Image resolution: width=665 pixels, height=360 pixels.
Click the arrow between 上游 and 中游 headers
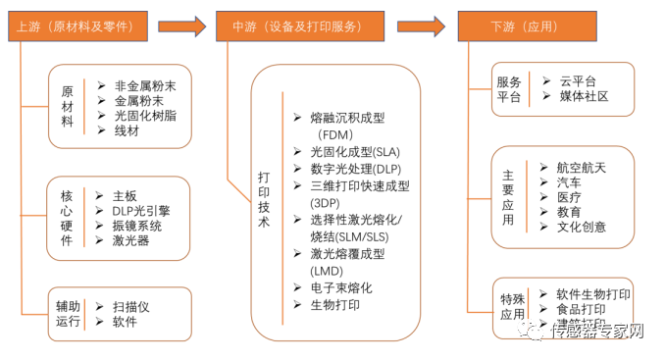click(x=182, y=23)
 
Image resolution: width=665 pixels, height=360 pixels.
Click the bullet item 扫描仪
click(x=131, y=306)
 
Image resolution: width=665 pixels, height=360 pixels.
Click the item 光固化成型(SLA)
click(x=345, y=152)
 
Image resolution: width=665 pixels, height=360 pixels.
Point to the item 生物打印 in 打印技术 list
click(x=334, y=304)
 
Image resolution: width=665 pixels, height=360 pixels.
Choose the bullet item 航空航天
click(x=582, y=168)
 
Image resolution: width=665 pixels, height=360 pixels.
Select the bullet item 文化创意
click(x=582, y=227)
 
